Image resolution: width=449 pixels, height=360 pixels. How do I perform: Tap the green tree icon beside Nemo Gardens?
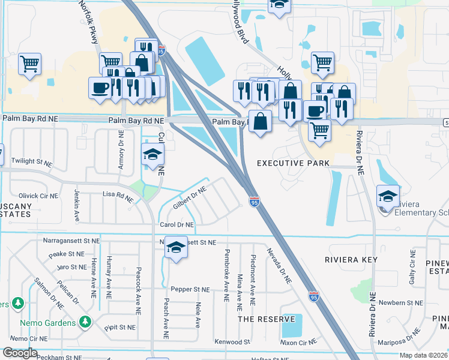(x=85, y=323)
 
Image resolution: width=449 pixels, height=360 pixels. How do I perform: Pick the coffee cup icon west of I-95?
(x=100, y=87)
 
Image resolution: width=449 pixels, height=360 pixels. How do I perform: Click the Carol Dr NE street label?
(x=176, y=225)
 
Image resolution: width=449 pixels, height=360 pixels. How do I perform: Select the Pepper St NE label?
(x=190, y=289)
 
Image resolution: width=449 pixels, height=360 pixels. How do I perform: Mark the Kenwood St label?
(x=232, y=342)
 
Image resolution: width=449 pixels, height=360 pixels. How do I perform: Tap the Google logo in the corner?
(x=19, y=353)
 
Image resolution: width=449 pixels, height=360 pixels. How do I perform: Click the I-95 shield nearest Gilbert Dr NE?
(x=255, y=202)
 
